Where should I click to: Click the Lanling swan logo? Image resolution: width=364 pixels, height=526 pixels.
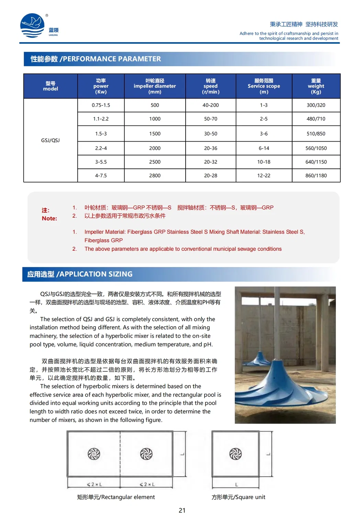(33, 25)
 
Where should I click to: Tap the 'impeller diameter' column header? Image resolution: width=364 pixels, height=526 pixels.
(155, 86)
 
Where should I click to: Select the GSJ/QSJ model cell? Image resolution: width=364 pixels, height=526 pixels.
(51, 140)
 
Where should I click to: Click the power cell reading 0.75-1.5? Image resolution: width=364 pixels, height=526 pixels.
(101, 105)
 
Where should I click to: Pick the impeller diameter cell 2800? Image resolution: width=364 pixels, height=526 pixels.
(155, 175)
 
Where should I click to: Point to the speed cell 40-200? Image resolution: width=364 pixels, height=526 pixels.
(210, 105)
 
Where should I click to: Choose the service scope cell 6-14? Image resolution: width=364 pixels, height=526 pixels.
(264, 148)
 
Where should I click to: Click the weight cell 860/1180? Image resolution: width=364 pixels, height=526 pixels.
(316, 175)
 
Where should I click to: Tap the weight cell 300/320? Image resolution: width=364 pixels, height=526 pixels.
(316, 105)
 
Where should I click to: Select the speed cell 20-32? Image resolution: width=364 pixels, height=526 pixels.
(210, 162)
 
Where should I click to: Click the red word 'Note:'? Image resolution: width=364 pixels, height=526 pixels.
(49, 218)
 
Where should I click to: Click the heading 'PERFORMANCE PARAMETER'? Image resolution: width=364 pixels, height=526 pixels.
(112, 59)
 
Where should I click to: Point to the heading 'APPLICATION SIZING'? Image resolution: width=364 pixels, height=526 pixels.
(96, 274)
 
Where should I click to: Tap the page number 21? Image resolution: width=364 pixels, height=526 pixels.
(182, 511)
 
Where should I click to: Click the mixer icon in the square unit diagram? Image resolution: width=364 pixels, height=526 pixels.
(235, 454)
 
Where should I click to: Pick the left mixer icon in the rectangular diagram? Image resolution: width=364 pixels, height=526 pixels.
(94, 454)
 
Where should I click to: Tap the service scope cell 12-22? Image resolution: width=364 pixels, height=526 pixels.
(264, 175)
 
